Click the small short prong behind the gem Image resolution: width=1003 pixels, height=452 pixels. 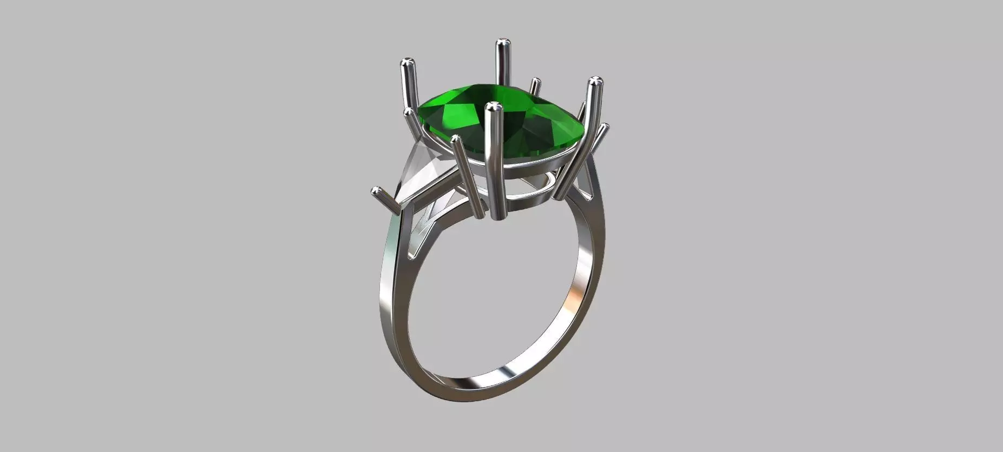click(535, 84)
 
